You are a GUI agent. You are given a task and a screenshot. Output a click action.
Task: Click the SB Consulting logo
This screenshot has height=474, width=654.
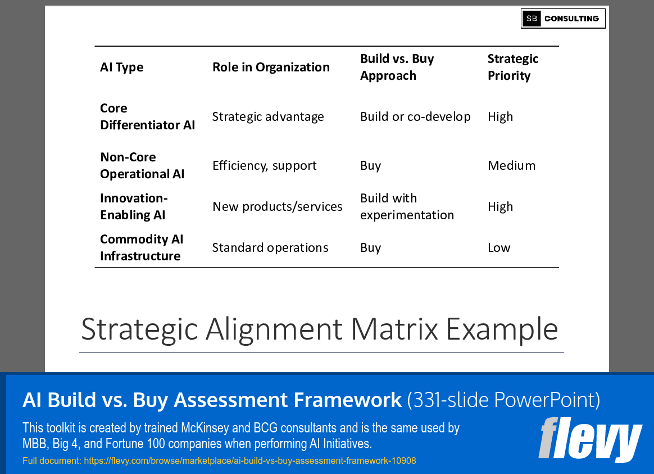[x=563, y=19]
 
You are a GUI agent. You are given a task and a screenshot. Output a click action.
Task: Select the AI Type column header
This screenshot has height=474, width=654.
[x=121, y=67]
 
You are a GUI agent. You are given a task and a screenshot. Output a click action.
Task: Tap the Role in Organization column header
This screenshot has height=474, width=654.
[x=271, y=67]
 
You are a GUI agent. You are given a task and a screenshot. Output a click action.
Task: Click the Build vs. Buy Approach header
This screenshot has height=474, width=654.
[x=397, y=67]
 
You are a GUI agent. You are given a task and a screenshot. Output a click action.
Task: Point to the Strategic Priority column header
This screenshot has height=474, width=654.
[x=512, y=67]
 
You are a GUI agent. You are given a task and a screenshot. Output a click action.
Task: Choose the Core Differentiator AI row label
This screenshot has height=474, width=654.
[x=147, y=117]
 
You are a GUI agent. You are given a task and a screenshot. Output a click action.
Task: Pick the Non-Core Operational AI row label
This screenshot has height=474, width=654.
[x=142, y=166]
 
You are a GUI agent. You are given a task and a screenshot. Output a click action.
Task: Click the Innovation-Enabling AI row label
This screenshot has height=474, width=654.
[x=134, y=207]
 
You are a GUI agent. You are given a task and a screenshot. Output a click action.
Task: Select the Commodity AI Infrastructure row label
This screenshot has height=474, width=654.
[x=141, y=248]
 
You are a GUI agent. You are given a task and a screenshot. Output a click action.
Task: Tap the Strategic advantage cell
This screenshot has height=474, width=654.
[x=268, y=117]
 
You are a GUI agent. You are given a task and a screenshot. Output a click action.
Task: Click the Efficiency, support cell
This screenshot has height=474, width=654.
[x=264, y=166]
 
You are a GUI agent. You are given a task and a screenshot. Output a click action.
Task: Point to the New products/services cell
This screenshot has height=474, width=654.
[x=277, y=207]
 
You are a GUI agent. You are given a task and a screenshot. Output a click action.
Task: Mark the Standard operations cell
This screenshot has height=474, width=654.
[x=270, y=248]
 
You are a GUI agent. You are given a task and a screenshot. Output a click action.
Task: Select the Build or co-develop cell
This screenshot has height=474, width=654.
[x=415, y=117]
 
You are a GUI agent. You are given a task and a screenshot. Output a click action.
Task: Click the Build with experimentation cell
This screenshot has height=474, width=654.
[x=407, y=207]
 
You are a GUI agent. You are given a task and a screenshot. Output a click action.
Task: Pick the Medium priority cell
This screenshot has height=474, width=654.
[x=511, y=166]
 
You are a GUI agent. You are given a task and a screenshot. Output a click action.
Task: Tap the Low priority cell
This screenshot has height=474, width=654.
[x=499, y=248]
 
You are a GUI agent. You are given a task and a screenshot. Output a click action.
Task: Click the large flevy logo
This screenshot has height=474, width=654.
[x=590, y=440]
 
